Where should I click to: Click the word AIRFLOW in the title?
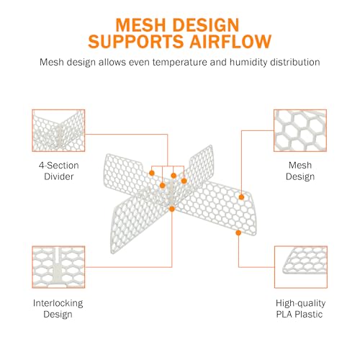tap(230, 42)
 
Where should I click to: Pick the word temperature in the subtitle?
tap(180, 62)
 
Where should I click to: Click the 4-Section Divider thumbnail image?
tap(58, 130)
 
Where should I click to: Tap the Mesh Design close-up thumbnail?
tap(300, 130)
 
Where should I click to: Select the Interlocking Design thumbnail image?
tap(58, 267)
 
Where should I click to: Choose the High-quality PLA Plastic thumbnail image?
tap(301, 267)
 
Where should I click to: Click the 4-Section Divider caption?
tap(59, 171)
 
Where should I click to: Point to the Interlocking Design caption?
tap(58, 309)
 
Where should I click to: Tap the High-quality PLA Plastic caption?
tap(300, 309)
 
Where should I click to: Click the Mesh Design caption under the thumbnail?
tap(300, 171)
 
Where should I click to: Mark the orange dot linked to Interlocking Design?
tap(172, 209)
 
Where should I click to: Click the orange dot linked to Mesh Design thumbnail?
tap(241, 197)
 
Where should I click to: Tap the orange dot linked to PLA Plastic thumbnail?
tap(238, 233)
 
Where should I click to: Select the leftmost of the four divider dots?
tap(152, 173)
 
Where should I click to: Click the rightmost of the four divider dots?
tap(184, 181)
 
